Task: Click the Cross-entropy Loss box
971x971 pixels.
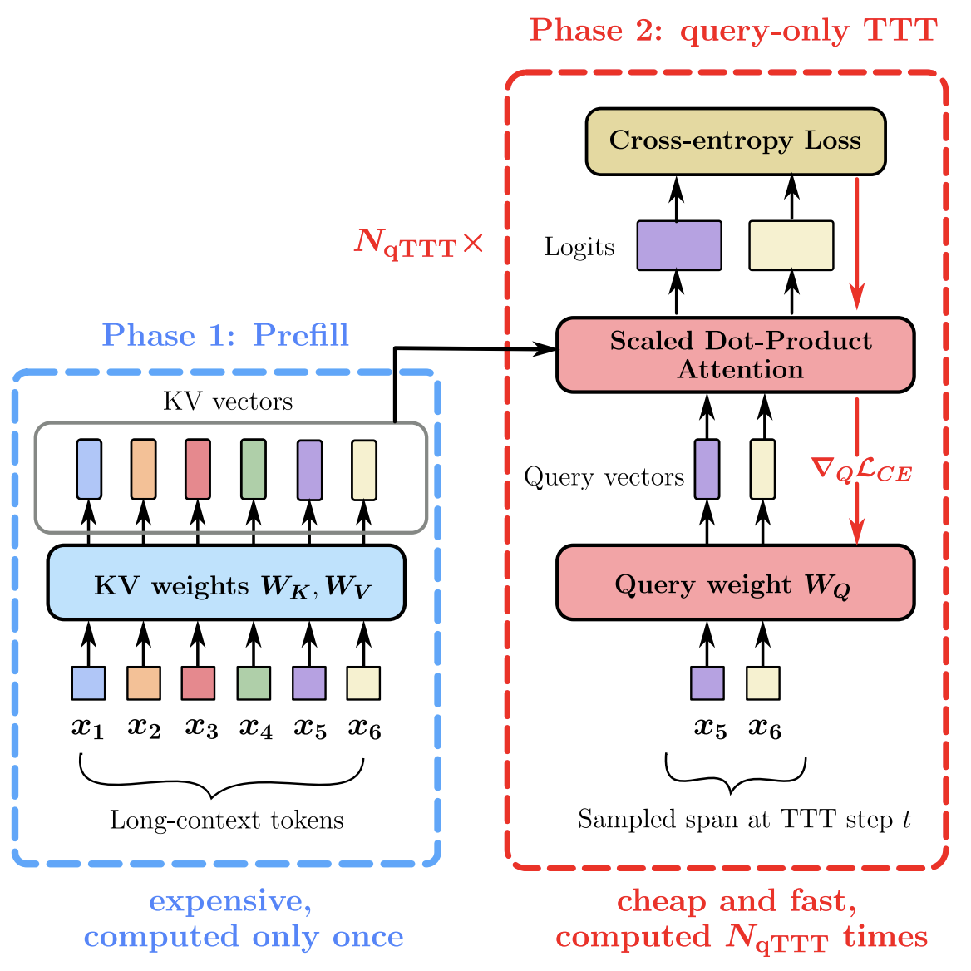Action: click(735, 140)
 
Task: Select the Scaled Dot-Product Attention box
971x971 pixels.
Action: click(735, 355)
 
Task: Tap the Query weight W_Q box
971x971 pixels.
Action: click(735, 584)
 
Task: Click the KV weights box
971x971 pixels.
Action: click(226, 584)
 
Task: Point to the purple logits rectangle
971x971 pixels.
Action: click(678, 245)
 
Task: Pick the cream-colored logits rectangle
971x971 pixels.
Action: click(791, 245)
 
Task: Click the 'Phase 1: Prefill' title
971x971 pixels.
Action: click(225, 335)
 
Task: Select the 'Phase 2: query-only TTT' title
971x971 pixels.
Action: click(733, 31)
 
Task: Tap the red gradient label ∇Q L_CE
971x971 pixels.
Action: click(861, 471)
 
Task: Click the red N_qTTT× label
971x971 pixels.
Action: click(418, 243)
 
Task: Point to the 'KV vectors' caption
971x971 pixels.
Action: click(228, 402)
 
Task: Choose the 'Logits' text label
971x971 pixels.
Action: click(579, 247)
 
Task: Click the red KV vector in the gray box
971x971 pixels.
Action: click(197, 470)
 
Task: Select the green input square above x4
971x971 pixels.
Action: click(254, 683)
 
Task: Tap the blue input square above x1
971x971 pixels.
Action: click(88, 683)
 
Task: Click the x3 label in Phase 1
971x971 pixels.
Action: click(200, 728)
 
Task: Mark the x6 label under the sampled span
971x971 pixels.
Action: click(764, 728)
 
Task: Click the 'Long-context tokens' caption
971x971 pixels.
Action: click(226, 821)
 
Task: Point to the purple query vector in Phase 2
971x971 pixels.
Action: click(707, 470)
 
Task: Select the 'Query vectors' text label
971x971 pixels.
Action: click(604, 477)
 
